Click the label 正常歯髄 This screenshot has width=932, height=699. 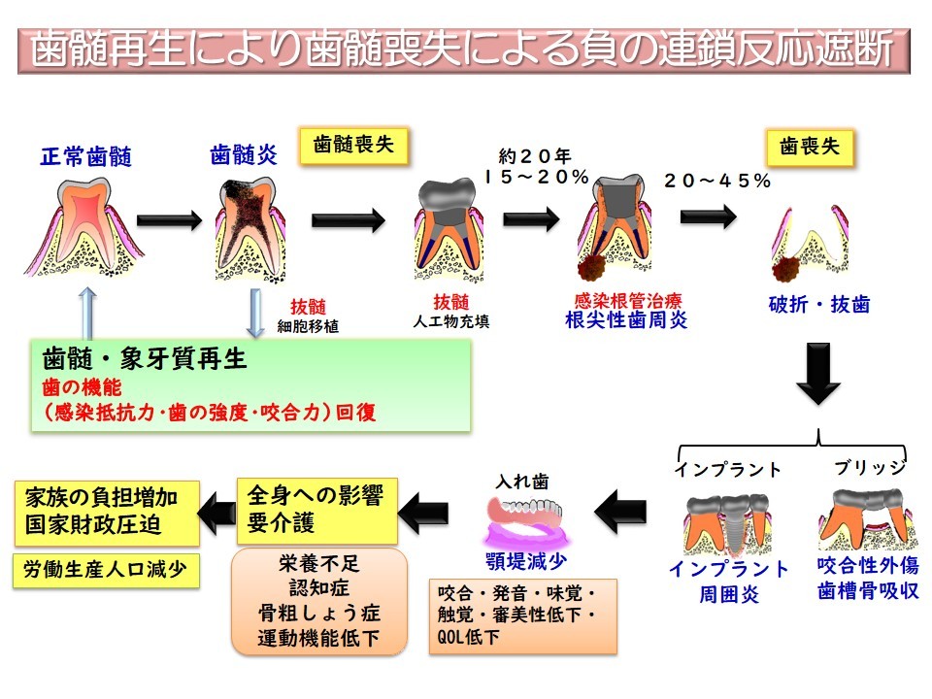click(x=85, y=155)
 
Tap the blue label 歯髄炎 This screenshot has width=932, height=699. click(x=244, y=154)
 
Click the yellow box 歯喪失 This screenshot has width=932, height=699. click(x=810, y=147)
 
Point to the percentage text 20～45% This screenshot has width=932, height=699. click(x=717, y=181)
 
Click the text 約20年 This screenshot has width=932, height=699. click(x=536, y=155)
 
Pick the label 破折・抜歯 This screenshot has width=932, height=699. click(x=818, y=304)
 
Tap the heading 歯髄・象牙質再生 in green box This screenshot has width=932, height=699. click(x=146, y=358)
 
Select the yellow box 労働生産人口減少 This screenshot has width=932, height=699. click(x=106, y=570)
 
